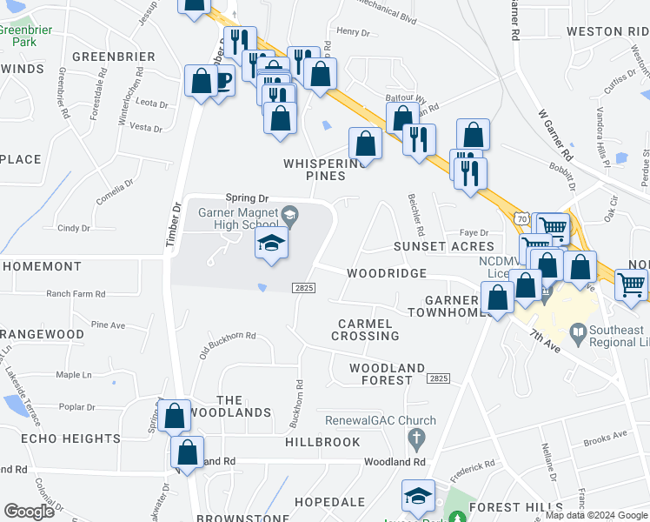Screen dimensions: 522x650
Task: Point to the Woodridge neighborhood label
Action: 387,273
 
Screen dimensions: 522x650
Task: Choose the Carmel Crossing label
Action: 368,329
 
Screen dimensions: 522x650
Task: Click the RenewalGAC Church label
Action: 367,420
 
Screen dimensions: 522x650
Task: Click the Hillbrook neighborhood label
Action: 322,442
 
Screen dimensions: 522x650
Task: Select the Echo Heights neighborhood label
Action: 60,438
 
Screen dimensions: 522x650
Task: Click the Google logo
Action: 29,512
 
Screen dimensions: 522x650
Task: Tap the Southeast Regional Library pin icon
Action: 578,332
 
